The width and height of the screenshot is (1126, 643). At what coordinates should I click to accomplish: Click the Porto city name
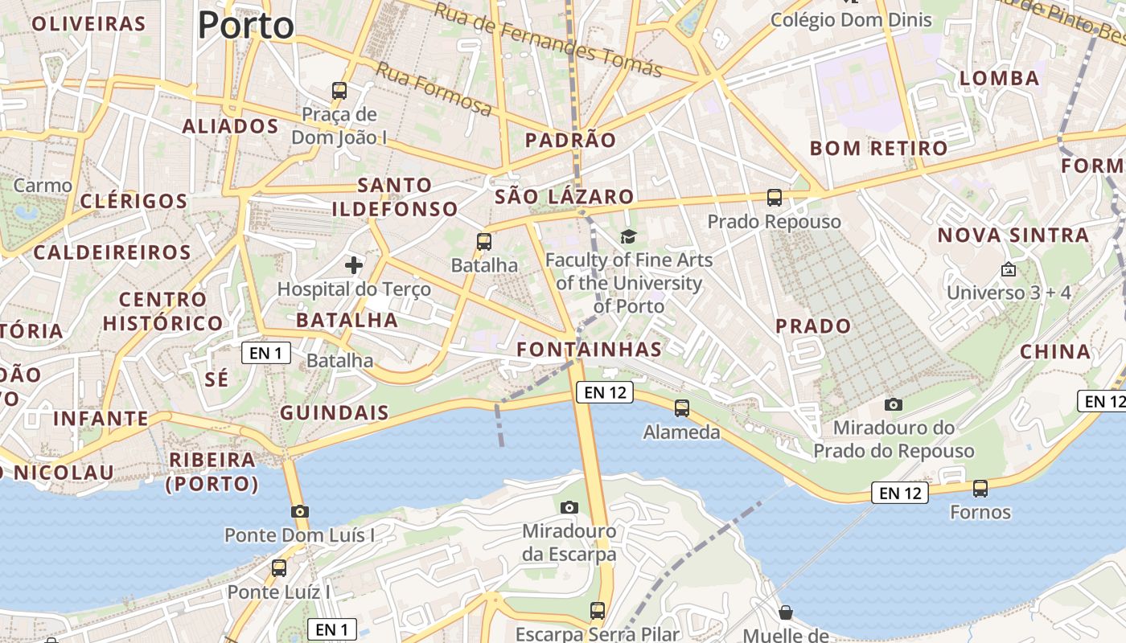[246, 25]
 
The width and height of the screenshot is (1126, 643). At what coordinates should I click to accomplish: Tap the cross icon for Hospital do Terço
[354, 264]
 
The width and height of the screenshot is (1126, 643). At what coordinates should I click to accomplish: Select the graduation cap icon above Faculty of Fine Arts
[628, 236]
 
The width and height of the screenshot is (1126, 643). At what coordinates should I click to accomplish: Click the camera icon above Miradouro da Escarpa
[569, 507]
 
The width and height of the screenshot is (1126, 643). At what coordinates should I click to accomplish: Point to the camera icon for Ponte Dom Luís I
[300, 511]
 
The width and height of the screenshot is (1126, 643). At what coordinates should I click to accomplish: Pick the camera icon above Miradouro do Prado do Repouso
[894, 404]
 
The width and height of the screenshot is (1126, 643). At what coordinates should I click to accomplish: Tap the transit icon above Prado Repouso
[775, 197]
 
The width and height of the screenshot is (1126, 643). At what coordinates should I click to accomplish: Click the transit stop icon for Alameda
[682, 408]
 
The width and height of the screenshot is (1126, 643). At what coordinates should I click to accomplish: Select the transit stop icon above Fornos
[980, 488]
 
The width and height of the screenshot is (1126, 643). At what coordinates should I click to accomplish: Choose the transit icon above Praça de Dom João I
[339, 90]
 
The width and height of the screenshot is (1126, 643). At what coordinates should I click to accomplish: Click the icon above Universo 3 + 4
[1009, 269]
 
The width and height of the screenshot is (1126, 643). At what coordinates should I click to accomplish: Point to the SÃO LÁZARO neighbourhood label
[565, 196]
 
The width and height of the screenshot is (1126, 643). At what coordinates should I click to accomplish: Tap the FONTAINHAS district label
[590, 349]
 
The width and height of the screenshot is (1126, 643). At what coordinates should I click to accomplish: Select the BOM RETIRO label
[879, 148]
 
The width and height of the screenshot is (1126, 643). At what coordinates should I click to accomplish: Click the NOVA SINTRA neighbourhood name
[1013, 235]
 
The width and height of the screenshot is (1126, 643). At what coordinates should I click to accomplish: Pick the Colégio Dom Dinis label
[852, 20]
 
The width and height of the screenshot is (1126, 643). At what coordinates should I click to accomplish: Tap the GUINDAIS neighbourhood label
[335, 413]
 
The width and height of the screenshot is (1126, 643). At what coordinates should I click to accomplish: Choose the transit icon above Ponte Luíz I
[279, 568]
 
